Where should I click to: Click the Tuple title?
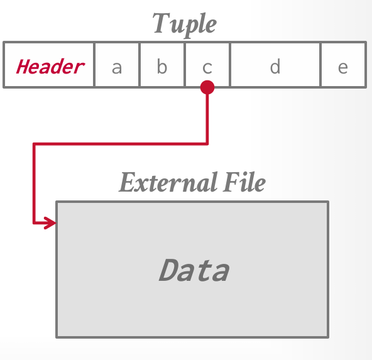click(x=185, y=24)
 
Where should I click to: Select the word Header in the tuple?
click(x=50, y=66)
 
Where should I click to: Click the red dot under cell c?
click(x=207, y=87)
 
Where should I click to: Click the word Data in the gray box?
click(x=194, y=270)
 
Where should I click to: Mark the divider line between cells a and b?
click(x=139, y=65)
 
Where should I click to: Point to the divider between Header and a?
click(x=94, y=65)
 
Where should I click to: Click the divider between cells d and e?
click(x=320, y=65)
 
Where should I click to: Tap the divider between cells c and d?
click(x=230, y=65)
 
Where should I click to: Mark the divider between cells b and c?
click(x=185, y=65)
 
